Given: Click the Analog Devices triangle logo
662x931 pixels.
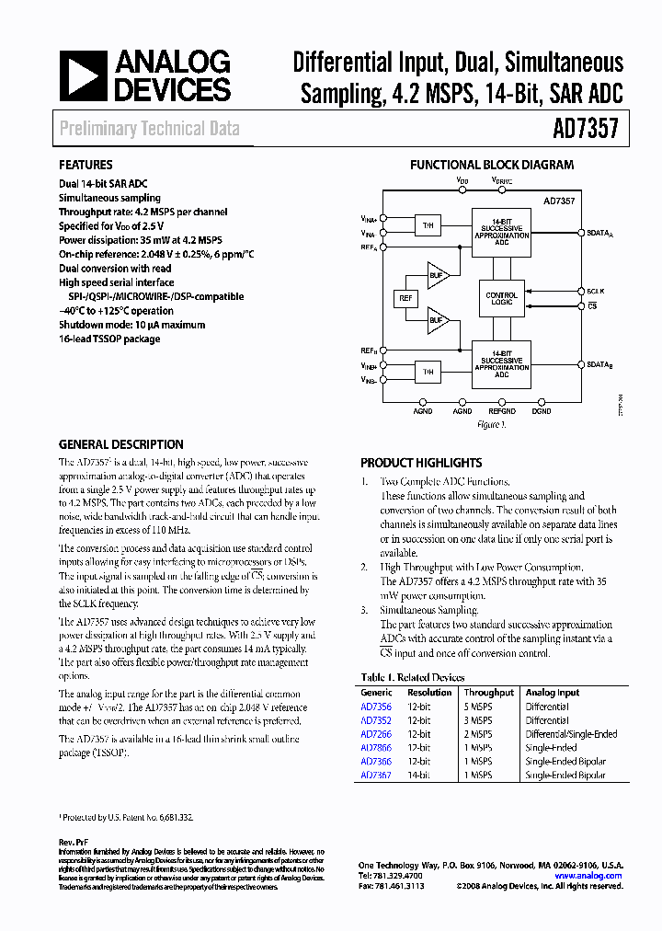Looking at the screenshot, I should coord(82,75).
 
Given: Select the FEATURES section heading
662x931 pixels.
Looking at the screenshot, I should coord(86,166).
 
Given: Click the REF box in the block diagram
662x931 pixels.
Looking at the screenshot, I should coord(405,298).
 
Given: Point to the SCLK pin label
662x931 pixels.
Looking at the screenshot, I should coord(596,290).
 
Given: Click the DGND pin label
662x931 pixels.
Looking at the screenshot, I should coord(542,412).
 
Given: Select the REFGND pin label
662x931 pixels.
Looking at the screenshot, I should coord(502,412).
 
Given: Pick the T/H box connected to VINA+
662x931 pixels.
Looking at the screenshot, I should coord(427,225).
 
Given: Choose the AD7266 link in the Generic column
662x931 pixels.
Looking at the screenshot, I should coord(376,734).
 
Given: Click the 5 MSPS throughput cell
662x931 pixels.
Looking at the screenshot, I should coord(477,707).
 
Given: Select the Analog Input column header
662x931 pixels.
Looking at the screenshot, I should coord(552,693).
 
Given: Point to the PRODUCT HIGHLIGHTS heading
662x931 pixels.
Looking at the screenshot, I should coord(420,463).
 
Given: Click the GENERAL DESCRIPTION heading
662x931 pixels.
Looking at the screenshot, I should coord(121,443).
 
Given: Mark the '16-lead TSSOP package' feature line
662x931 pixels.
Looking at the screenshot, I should coord(109,339).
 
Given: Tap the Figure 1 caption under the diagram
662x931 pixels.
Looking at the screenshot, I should coord(492,425).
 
